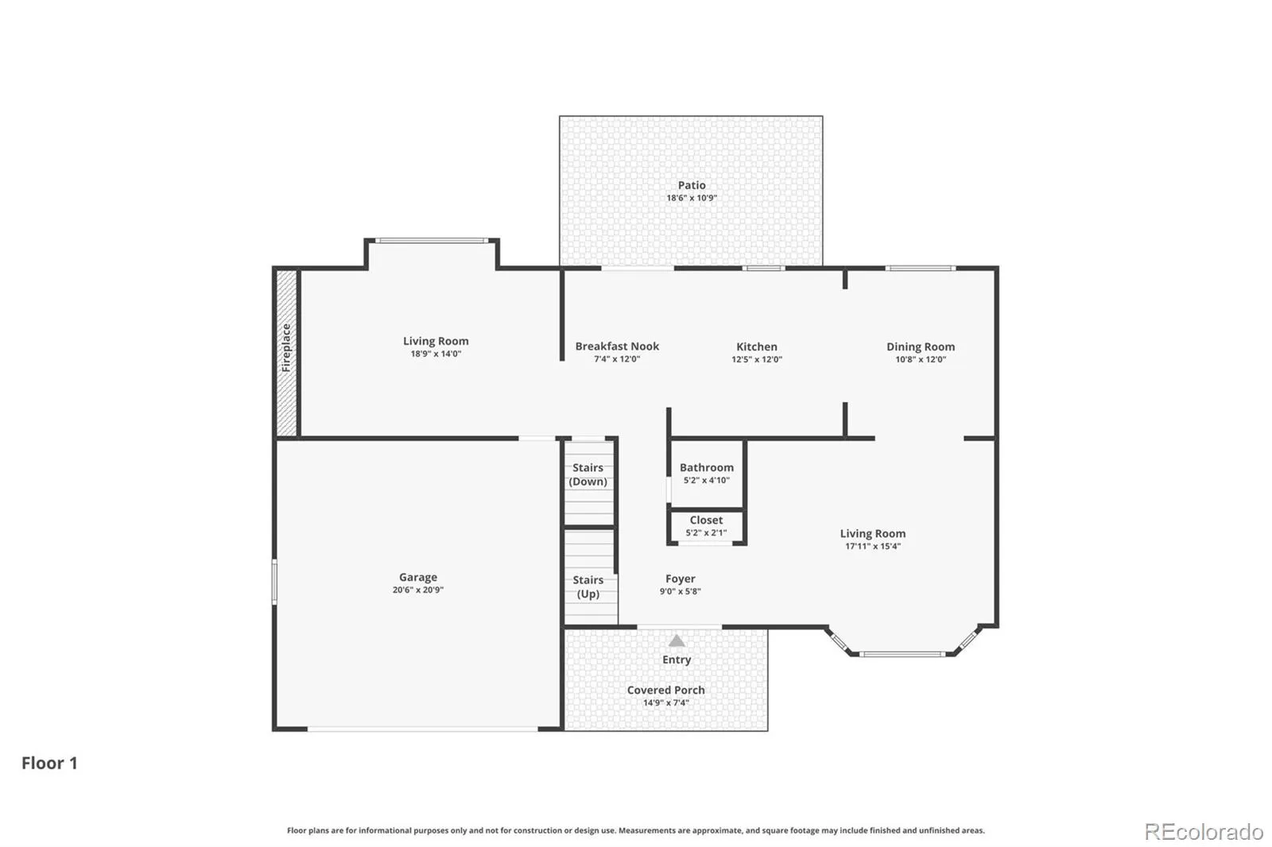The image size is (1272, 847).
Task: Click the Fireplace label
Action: [x=286, y=348]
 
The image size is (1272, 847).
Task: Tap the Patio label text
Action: [x=692, y=185]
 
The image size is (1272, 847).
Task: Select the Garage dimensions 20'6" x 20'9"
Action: [x=418, y=590]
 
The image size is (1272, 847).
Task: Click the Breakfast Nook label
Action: [x=617, y=346]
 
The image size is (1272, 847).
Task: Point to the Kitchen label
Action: [x=757, y=346]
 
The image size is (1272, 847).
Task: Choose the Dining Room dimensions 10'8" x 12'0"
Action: [x=921, y=359]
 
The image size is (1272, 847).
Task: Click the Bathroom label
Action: [x=707, y=467]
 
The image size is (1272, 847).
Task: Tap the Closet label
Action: [x=707, y=520]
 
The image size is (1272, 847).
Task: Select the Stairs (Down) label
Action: [x=588, y=474]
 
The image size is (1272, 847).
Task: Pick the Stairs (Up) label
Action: [x=588, y=587]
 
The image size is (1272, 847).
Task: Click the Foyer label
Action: [x=681, y=578]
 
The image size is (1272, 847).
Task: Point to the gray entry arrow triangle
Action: [x=677, y=641]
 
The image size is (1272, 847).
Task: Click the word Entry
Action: [x=677, y=659]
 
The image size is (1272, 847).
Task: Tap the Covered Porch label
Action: [x=666, y=690]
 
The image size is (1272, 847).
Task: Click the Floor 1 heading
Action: [x=49, y=763]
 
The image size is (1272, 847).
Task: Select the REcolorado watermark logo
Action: [x=1204, y=832]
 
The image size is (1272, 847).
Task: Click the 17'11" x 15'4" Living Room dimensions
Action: [x=873, y=546]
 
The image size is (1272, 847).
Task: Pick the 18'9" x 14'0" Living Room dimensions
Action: [x=436, y=354]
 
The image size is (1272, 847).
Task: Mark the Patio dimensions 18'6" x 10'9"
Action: [x=692, y=198]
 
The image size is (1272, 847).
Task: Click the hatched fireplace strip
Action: [x=287, y=353]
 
